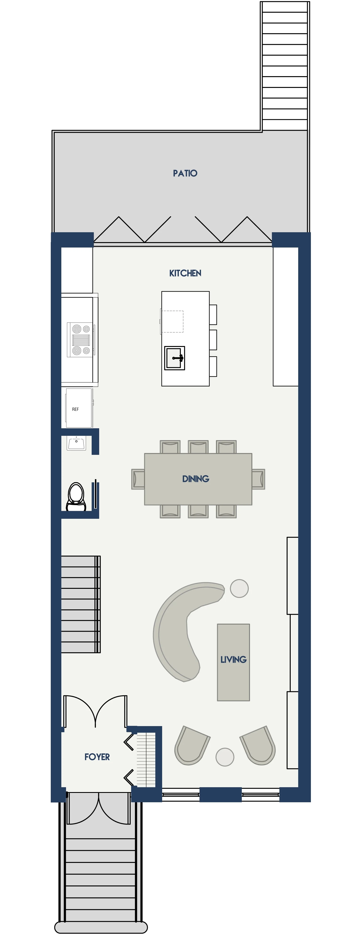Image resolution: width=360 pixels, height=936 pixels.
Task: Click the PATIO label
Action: tap(185, 173)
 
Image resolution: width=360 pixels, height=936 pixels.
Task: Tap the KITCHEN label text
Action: tap(185, 273)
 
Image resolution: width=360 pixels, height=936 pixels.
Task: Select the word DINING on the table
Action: tap(196, 479)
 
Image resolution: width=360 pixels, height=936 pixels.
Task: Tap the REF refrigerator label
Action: tap(75, 409)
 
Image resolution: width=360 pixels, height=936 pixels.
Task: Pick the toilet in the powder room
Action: tap(76, 497)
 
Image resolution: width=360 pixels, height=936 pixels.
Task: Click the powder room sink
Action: tap(76, 443)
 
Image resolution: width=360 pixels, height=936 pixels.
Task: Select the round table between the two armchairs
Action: tap(225, 757)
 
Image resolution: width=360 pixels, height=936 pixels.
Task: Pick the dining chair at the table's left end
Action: tap(138, 479)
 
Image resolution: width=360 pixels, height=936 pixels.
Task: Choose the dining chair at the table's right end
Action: tap(258, 479)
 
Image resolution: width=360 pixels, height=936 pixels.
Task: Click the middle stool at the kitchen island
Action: tap(213, 340)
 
